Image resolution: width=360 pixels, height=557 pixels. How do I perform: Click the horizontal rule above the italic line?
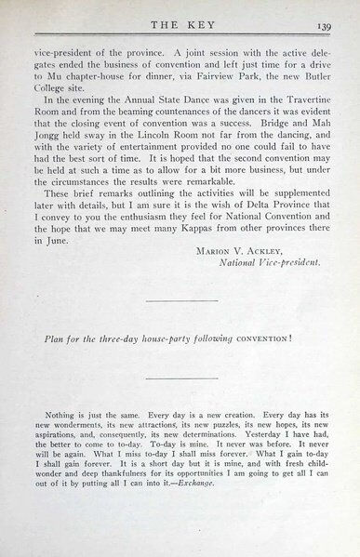tap(180, 300)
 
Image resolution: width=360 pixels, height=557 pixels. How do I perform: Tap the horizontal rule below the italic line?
tap(180, 376)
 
